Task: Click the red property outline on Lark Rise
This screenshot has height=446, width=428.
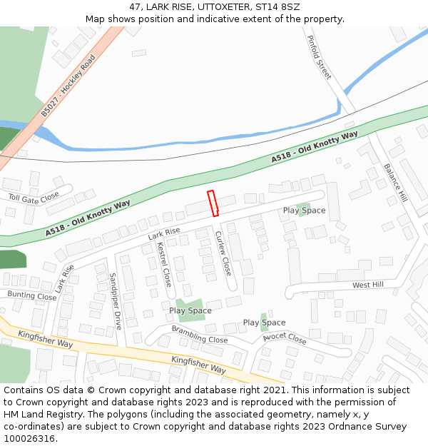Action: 213,203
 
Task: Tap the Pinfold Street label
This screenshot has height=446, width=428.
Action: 319,57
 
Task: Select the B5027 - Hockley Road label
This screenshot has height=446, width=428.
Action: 68,86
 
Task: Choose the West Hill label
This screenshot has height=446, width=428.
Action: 367,285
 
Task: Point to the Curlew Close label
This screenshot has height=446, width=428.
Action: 223,253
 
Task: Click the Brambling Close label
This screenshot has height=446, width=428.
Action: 200,334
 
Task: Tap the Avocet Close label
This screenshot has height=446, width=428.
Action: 285,338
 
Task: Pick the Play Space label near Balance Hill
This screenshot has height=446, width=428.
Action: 304,211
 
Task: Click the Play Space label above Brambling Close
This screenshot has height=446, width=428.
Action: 190,310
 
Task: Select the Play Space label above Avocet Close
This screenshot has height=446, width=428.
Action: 264,323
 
